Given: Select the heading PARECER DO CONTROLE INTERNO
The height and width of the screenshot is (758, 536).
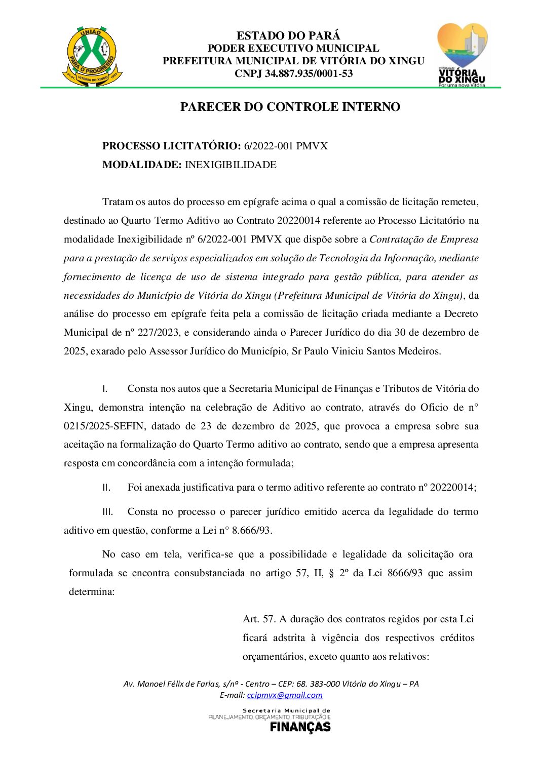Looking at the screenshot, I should [290, 107].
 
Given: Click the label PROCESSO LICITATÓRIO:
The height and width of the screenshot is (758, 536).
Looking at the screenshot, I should [171, 146].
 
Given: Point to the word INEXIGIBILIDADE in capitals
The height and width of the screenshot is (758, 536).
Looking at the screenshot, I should [231, 165].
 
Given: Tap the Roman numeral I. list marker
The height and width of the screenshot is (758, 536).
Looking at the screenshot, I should [105, 389].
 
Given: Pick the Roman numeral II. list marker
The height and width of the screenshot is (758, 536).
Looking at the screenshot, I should [106, 488].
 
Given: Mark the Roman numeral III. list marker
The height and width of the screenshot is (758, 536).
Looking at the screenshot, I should [107, 512].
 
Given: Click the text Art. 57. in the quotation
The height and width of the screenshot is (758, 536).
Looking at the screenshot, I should [259, 619].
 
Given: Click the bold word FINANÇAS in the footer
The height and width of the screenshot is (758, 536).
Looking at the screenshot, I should [300, 727].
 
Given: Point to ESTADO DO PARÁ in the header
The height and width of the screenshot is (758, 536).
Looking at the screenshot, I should [288, 35].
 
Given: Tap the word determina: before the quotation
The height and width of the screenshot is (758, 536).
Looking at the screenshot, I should [92, 592].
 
